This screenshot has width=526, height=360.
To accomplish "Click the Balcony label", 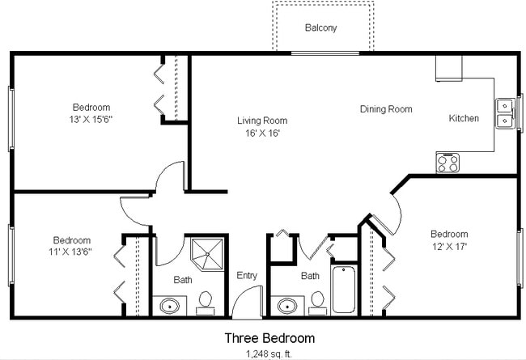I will pyautogui.click(x=321, y=28).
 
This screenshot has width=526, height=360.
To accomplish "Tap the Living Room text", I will pyautogui.click(x=261, y=121).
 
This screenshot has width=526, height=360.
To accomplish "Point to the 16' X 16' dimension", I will pyautogui.click(x=261, y=133).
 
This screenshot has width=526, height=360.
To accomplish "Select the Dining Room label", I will pyautogui.click(x=386, y=109).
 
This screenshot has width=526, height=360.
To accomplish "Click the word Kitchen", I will pyautogui.click(x=464, y=119).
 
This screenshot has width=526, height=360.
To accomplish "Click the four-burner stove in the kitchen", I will pyautogui.click(x=448, y=163).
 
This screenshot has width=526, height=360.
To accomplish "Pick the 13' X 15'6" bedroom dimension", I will pyautogui.click(x=91, y=120).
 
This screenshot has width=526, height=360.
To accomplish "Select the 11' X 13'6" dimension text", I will pyautogui.click(x=72, y=252).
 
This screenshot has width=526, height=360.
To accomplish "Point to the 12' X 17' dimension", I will pyautogui.click(x=449, y=246).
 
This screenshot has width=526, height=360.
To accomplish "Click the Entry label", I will pyautogui.click(x=247, y=276).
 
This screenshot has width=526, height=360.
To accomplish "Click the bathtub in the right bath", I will pyautogui.click(x=344, y=290).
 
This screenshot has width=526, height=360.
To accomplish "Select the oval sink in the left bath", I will pyautogui.click(x=170, y=306).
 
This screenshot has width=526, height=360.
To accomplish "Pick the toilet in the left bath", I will pyautogui.click(x=205, y=301).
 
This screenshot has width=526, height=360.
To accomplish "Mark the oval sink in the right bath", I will pyautogui.click(x=287, y=306).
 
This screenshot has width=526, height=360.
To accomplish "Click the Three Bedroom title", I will pyautogui.click(x=269, y=338).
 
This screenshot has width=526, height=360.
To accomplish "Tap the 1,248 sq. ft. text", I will pyautogui.click(x=269, y=354).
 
